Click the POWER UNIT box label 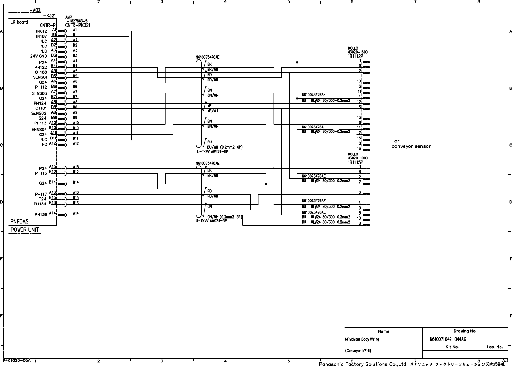click(24, 230)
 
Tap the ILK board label click(19, 22)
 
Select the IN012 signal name click(41, 31)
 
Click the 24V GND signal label click(38, 56)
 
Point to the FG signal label click(44, 145)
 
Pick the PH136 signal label click(41, 215)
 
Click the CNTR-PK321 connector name click(78, 25)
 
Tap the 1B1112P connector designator click(355, 57)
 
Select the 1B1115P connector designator click(355, 162)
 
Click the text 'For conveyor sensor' click(411, 143)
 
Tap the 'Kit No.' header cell click(452, 347)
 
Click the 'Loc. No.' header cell click(494, 347)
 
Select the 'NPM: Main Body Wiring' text click(362, 339)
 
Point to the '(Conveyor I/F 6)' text click(358, 351)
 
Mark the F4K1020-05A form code click(17, 360)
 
